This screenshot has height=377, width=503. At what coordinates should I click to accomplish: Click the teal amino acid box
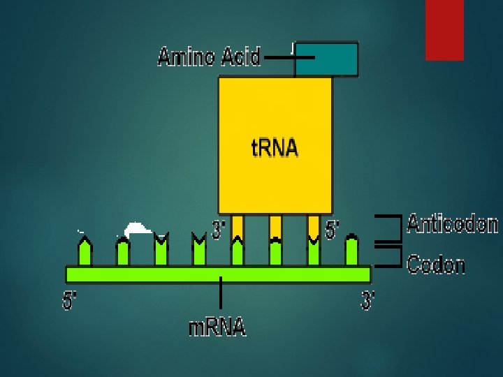[x=326, y=59]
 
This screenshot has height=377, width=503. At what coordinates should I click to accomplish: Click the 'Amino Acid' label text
[x=209, y=57]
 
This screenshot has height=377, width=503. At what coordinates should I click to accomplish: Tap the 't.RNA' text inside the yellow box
[x=275, y=148]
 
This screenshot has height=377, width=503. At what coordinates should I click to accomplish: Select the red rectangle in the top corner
[x=444, y=29]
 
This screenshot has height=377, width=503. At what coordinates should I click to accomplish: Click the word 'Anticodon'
[x=452, y=224]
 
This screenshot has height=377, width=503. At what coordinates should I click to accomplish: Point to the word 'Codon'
[x=436, y=265]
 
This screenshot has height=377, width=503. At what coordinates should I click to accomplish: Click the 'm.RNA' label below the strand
[x=217, y=326]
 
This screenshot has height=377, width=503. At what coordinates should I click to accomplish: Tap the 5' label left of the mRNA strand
[x=70, y=301]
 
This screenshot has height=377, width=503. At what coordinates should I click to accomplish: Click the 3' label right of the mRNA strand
[x=368, y=301]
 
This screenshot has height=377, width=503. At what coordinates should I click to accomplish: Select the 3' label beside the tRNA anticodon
[x=219, y=229]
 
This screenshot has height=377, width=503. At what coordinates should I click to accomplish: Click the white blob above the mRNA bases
[x=137, y=228]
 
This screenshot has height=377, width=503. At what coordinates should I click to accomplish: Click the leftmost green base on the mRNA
[x=85, y=251]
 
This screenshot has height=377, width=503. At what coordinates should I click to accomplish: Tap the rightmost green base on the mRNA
[x=351, y=251]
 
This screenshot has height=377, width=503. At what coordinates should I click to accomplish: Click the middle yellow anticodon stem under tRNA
[x=275, y=226]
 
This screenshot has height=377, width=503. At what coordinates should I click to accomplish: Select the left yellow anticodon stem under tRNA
[x=238, y=226]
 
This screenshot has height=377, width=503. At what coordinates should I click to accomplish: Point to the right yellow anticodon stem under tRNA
[x=314, y=226]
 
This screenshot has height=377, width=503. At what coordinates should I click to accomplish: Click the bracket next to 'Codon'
[x=392, y=256]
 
